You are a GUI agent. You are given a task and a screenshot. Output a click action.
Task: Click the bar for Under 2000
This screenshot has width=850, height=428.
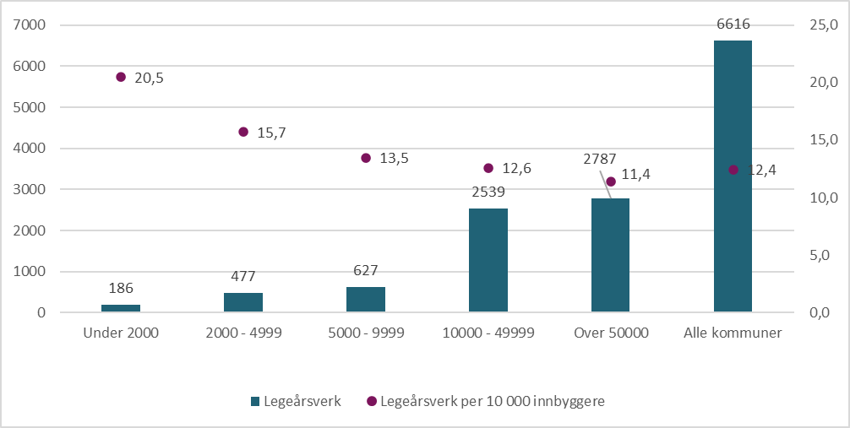pyautogui.click(x=121, y=308)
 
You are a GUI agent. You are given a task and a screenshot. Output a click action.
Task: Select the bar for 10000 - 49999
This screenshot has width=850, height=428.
pyautogui.click(x=488, y=260)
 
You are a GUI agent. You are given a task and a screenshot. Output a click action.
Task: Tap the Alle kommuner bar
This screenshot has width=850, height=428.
pyautogui.click(x=733, y=176)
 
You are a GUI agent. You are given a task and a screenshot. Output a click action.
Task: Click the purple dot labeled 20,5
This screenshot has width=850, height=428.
pyautogui.click(x=121, y=77)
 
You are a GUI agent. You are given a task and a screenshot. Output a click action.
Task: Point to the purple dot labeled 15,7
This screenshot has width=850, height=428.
pyautogui.click(x=243, y=132)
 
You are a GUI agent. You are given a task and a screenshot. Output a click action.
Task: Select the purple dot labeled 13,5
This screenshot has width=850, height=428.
pyautogui.click(x=366, y=158)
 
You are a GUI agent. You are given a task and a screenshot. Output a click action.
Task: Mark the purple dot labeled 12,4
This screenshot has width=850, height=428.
pyautogui.click(x=733, y=170)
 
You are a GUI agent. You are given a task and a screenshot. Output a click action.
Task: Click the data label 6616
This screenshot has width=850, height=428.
pyautogui.click(x=733, y=24)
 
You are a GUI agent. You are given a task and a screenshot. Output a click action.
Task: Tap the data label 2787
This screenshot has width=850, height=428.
pyautogui.click(x=599, y=158)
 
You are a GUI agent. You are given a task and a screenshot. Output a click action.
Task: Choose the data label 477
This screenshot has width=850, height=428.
pyautogui.click(x=243, y=276)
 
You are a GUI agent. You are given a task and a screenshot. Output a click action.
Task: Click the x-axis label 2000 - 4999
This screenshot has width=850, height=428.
pyautogui.click(x=243, y=333)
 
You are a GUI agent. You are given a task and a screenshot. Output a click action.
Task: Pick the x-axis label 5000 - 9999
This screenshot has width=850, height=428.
pyautogui.click(x=366, y=333)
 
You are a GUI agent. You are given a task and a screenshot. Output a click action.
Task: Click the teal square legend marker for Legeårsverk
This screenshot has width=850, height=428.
pyautogui.click(x=255, y=402)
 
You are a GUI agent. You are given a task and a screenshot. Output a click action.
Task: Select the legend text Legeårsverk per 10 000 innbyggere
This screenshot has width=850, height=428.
pyautogui.click(x=493, y=402)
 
